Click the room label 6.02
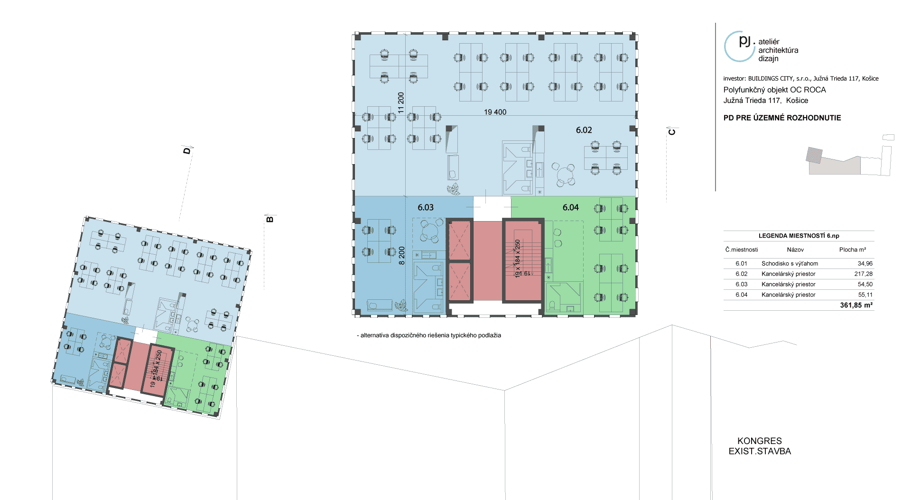pyautogui.click(x=584, y=130)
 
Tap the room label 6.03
pyautogui.click(x=426, y=207)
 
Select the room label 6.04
pyautogui.click(x=570, y=207)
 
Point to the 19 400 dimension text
pyautogui.click(x=495, y=112)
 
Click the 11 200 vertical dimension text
pyautogui.click(x=401, y=102)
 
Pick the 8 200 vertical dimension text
pyautogui.click(x=402, y=256)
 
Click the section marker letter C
pyautogui.click(x=672, y=132)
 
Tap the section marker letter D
pyautogui.click(x=187, y=150)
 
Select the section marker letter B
pyautogui.click(x=270, y=219)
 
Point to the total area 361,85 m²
pyautogui.click(x=856, y=305)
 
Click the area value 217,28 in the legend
pyautogui.click(x=863, y=274)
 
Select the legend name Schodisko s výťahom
pyautogui.click(x=790, y=263)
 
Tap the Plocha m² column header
pyautogui.click(x=852, y=250)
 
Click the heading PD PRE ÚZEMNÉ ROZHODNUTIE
pyautogui.click(x=782, y=118)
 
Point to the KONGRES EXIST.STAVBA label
pyautogui.click(x=760, y=446)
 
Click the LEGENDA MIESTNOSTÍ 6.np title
pyautogui.click(x=799, y=236)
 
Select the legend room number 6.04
pyautogui.click(x=741, y=295)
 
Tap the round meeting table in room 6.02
pyautogui.click(x=563, y=174)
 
